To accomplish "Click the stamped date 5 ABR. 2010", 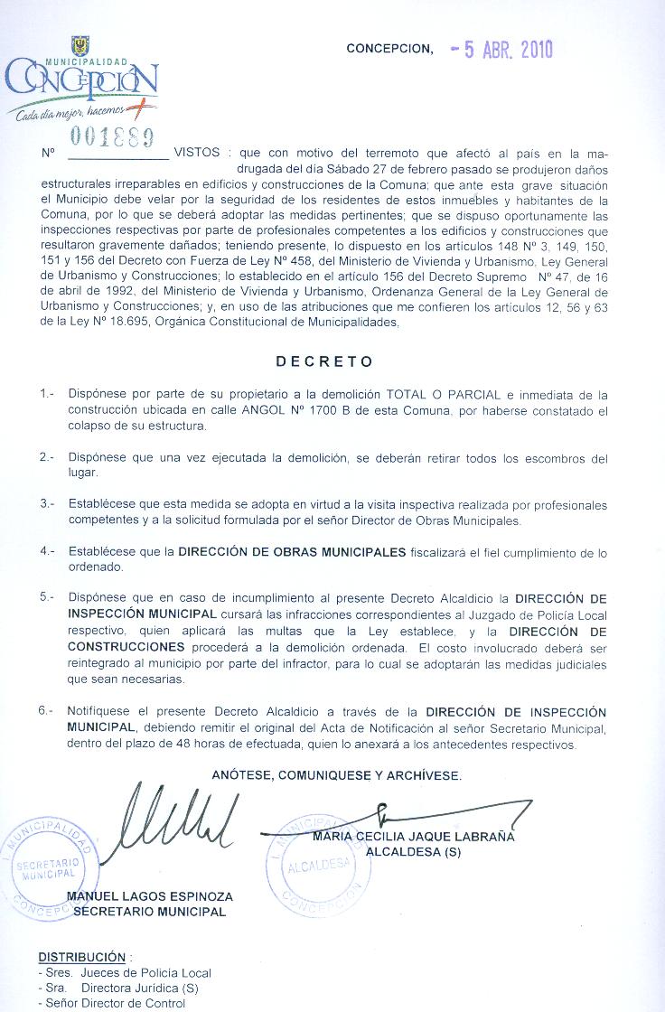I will (501, 51).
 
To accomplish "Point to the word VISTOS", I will (196, 153).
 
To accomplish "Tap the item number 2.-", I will (48, 457).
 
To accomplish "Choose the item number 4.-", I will (48, 551).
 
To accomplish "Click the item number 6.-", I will (48, 712).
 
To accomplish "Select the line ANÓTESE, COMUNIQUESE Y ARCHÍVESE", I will (337, 775).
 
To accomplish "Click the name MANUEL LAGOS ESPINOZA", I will (150, 896).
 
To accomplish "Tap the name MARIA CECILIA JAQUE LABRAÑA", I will (413, 837).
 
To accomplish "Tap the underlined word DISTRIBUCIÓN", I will (81, 957).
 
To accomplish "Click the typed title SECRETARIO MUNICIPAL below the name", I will (150, 912).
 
